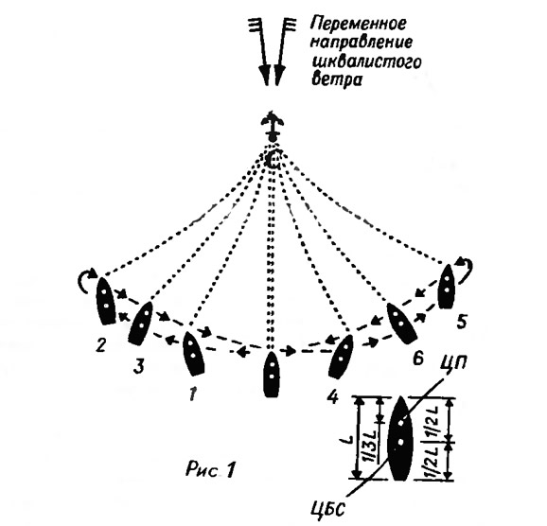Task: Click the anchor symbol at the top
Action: [x=273, y=126]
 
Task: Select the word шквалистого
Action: [x=366, y=61]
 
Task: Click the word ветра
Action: [x=336, y=79]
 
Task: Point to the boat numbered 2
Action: [x=105, y=301]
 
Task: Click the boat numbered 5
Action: [x=446, y=286]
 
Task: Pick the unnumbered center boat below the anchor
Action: [x=272, y=374]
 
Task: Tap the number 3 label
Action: [x=139, y=366]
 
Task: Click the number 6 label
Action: [x=417, y=359]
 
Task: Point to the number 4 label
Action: [x=333, y=396]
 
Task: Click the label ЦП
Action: [x=453, y=362]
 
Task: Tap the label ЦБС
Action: [x=328, y=510]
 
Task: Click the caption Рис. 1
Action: [x=210, y=468]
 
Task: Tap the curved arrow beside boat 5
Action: [x=466, y=269]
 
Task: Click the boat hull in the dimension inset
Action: [x=399, y=438]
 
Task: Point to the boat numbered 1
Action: [x=193, y=353]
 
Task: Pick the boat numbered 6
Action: [x=401, y=323]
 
